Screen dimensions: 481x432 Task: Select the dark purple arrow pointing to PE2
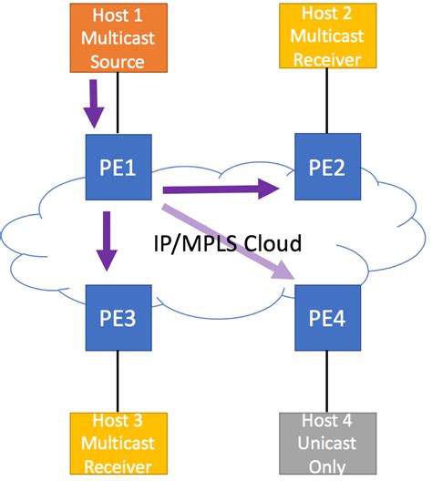point(219,189)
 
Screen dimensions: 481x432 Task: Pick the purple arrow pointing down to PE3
point(108,241)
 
